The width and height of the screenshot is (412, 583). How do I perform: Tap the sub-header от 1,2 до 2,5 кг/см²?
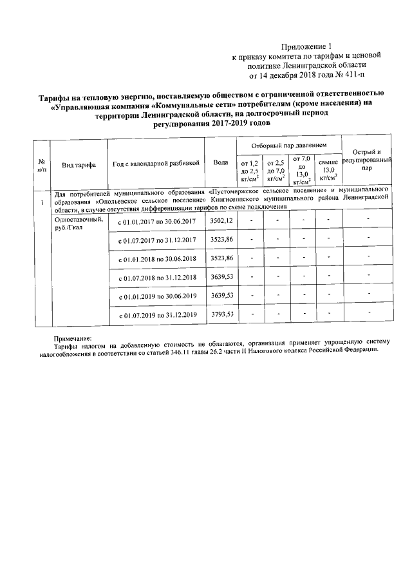249,171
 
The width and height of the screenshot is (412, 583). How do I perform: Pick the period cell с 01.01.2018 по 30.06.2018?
156,259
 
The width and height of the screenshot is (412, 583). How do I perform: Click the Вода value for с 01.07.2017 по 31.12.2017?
221,239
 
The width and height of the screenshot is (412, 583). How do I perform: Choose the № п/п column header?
41,165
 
